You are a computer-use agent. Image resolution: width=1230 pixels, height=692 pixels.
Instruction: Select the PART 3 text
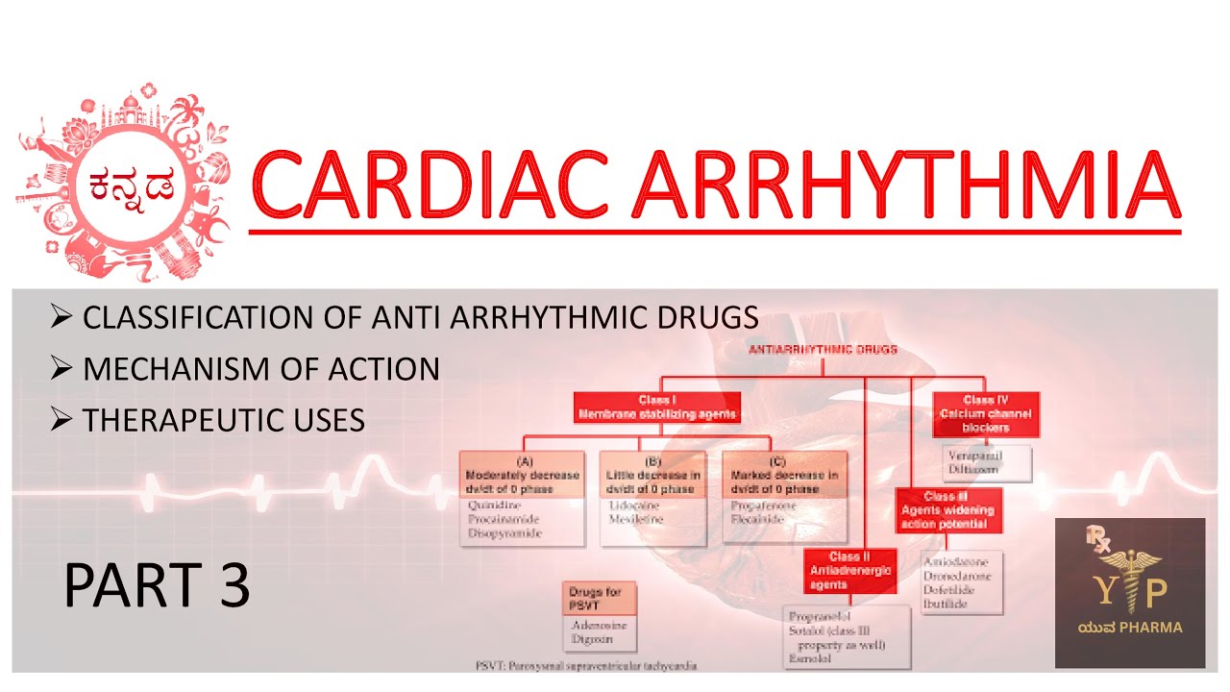pyautogui.click(x=157, y=585)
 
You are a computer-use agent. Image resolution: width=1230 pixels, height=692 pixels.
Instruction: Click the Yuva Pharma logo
pyautogui.click(x=1129, y=592)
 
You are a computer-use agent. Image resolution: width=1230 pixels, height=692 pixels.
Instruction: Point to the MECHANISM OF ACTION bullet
pyautogui.click(x=260, y=368)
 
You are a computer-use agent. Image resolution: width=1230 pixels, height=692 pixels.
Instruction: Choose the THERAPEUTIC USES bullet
pyautogui.click(x=223, y=419)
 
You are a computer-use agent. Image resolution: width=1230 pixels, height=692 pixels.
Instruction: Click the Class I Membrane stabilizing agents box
pyautogui.click(x=657, y=408)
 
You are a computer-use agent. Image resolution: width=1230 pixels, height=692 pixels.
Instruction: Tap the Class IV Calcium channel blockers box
pyautogui.click(x=985, y=414)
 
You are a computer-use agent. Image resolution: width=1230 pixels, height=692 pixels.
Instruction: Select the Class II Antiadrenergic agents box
pyautogui.click(x=849, y=571)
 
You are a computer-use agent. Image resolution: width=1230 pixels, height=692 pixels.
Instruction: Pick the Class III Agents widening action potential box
pyautogui.click(x=949, y=510)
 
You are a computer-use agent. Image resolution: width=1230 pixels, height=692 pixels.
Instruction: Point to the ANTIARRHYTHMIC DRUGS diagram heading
pyautogui.click(x=823, y=350)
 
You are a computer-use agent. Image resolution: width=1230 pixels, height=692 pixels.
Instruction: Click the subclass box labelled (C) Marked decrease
pyautogui.click(x=783, y=475)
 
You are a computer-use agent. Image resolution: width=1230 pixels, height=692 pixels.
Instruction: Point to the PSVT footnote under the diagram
pyautogui.click(x=586, y=665)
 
